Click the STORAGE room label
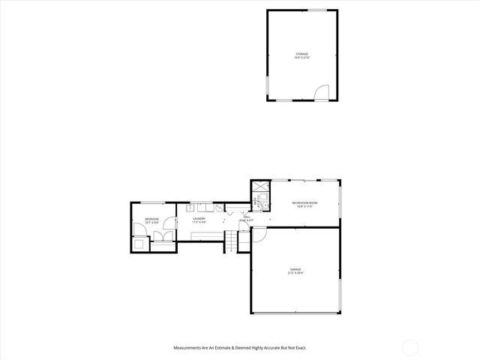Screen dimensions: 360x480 click(301, 54)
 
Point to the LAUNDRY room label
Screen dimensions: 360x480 click(199, 218)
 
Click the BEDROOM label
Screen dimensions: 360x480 click(151, 218)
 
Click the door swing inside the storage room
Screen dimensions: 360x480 click(320, 92)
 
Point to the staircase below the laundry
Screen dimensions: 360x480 click(231, 242)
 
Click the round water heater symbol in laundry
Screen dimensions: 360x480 click(219, 208)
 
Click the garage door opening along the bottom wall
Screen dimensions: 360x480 click(294, 313)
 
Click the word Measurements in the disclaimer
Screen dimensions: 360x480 click(188, 348)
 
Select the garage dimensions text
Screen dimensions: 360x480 click(295, 272)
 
